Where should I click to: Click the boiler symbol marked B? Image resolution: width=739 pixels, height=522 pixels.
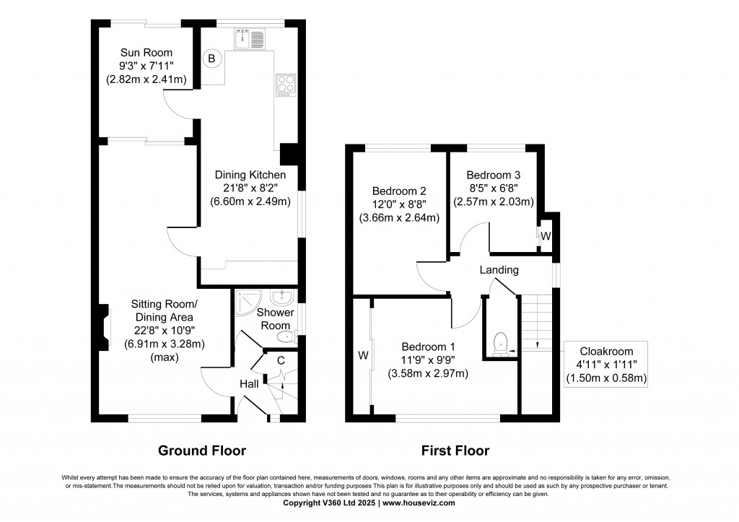211,58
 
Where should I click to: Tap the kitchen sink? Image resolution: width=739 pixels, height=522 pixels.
250,39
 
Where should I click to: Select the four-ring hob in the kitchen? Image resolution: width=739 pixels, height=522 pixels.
286,86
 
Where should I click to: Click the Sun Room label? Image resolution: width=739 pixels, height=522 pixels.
146,52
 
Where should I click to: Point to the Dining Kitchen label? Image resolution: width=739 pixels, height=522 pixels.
250,175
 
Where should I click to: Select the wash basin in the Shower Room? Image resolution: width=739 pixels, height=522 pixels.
282,297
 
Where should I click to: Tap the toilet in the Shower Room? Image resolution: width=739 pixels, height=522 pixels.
286,337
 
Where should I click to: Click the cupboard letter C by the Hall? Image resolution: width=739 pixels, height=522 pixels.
281,361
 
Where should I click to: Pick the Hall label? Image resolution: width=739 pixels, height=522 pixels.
249,384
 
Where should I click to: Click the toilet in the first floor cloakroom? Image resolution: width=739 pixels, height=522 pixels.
499,344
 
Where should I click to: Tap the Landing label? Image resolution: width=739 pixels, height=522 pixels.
499,270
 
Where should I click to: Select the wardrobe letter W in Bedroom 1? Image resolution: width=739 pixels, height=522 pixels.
363,355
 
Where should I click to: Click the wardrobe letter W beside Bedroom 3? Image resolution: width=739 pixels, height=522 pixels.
546,236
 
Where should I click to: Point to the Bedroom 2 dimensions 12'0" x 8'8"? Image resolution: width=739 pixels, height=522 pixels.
399,204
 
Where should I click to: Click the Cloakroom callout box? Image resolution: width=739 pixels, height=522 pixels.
605,364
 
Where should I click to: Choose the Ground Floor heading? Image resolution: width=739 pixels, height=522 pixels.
202,451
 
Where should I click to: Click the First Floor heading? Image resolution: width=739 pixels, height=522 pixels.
455,451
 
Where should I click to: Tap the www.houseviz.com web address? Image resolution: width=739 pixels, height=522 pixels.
419,503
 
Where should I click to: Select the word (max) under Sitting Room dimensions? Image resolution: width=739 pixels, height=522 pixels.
165,357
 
